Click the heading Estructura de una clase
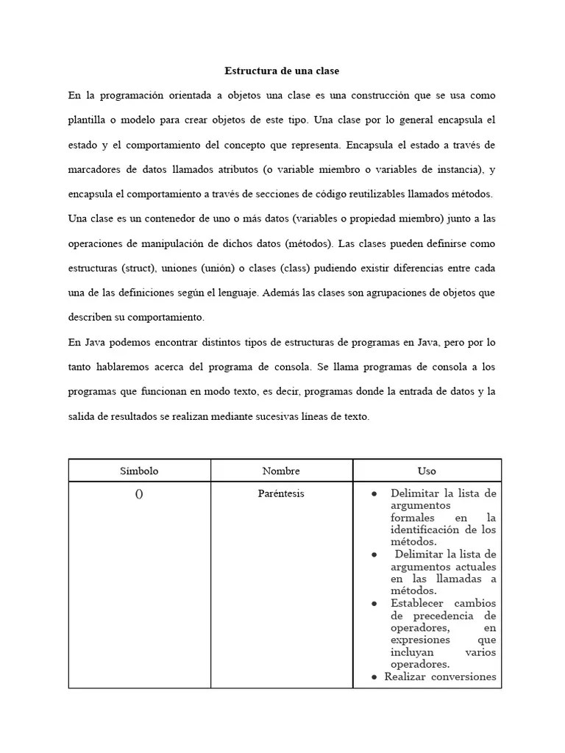point(282,71)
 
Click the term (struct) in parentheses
point(137,268)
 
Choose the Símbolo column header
point(139,471)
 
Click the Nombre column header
point(281,471)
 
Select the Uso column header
point(427,471)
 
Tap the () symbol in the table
point(139,494)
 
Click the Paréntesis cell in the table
point(281,493)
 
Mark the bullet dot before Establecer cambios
point(375,603)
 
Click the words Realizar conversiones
point(440,677)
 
